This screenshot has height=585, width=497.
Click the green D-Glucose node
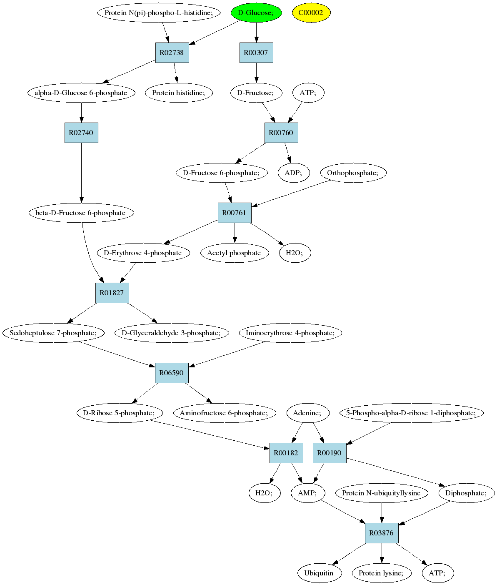256,13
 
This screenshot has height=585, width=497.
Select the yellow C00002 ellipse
311,13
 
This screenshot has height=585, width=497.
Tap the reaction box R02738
172,53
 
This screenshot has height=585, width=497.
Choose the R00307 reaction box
256,53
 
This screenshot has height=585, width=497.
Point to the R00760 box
281,133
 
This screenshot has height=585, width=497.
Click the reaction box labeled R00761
235,213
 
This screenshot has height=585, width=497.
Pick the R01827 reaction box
112,293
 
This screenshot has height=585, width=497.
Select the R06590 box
172,373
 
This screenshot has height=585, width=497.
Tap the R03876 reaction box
382,533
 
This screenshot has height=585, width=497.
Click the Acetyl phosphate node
235,253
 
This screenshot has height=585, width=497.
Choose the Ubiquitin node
319,573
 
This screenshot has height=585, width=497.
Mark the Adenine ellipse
308,413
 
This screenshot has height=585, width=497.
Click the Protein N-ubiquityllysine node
382,493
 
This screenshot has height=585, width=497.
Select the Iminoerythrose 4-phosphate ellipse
290,333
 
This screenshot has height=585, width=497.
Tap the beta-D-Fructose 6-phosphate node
81,213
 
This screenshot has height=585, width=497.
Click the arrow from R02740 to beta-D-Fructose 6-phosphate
81,173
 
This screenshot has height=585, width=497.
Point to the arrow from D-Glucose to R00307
257,33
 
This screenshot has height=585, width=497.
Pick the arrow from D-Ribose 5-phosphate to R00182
210,435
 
